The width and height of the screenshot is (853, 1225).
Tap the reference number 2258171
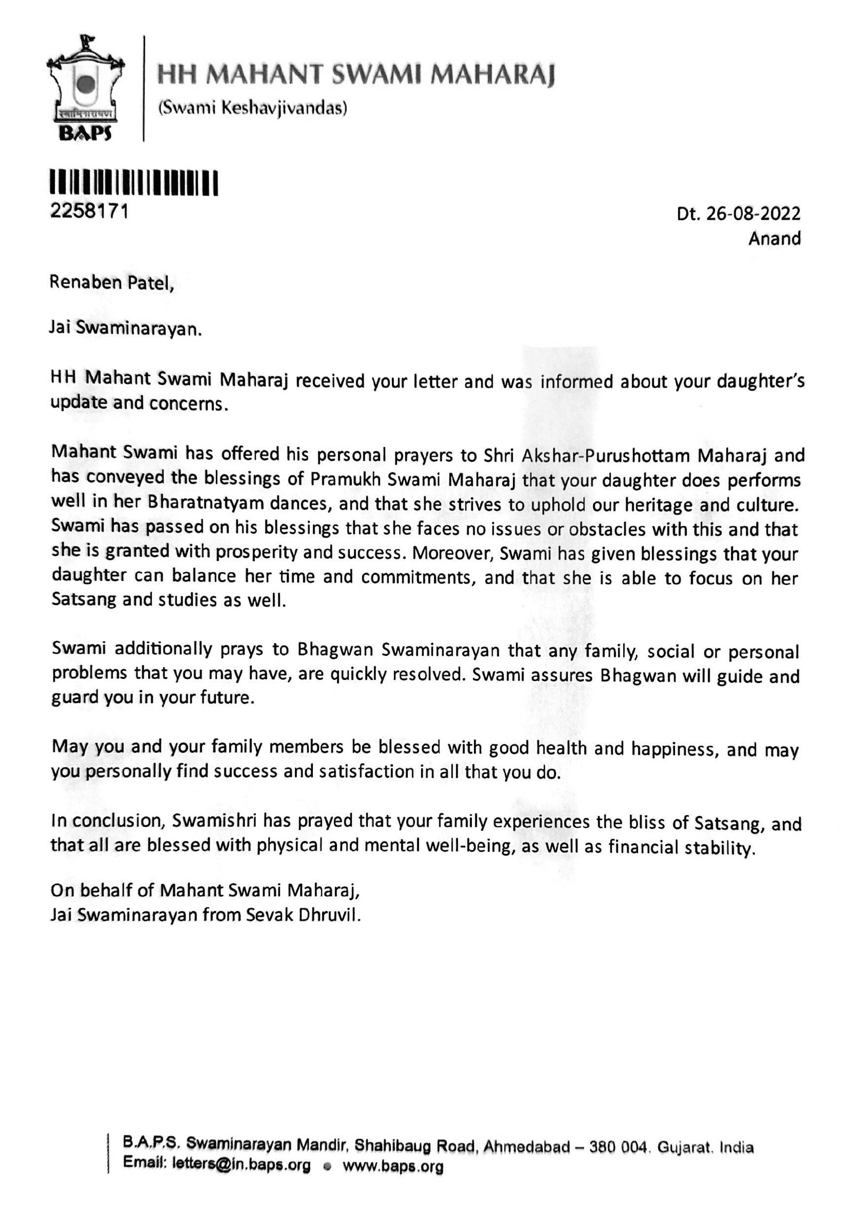[x=89, y=212]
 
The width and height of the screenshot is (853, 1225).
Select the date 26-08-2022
[x=753, y=214]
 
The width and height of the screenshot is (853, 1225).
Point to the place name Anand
[x=774, y=238]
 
